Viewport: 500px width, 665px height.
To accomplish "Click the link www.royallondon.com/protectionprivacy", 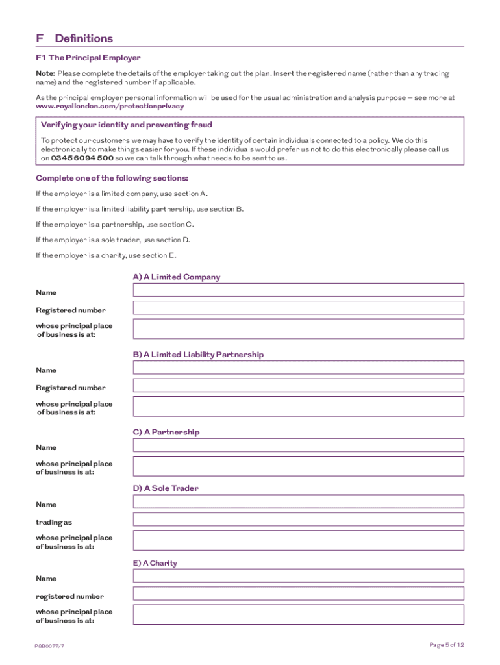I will (x=110, y=106).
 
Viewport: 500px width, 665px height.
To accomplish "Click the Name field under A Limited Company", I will (x=298, y=290).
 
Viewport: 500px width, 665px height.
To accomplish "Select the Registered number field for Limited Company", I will (x=298, y=308).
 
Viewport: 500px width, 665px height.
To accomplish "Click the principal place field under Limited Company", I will (x=298, y=329).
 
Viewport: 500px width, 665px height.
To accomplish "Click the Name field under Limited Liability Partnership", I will (x=298, y=368).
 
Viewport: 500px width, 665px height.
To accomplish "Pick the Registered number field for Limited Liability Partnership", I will (x=298, y=385).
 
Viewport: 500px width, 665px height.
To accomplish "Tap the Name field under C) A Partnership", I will (x=298, y=445).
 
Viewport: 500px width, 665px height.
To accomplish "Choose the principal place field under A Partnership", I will (x=298, y=466).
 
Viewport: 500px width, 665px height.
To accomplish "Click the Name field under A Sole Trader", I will (x=298, y=501).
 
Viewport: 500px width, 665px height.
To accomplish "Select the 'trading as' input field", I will (x=298, y=519).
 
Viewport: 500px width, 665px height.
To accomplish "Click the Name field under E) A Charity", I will (x=298, y=575).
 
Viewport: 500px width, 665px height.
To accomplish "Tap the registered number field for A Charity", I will (x=298, y=593).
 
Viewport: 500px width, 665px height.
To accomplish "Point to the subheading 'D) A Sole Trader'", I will (x=166, y=488).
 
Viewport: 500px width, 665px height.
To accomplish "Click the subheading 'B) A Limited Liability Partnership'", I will (x=198, y=355).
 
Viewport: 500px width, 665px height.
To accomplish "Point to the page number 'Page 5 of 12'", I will (x=447, y=645).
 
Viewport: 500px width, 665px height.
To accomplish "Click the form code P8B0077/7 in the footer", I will (x=50, y=646).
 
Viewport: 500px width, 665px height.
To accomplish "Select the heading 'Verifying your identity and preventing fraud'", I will (x=126, y=125).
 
